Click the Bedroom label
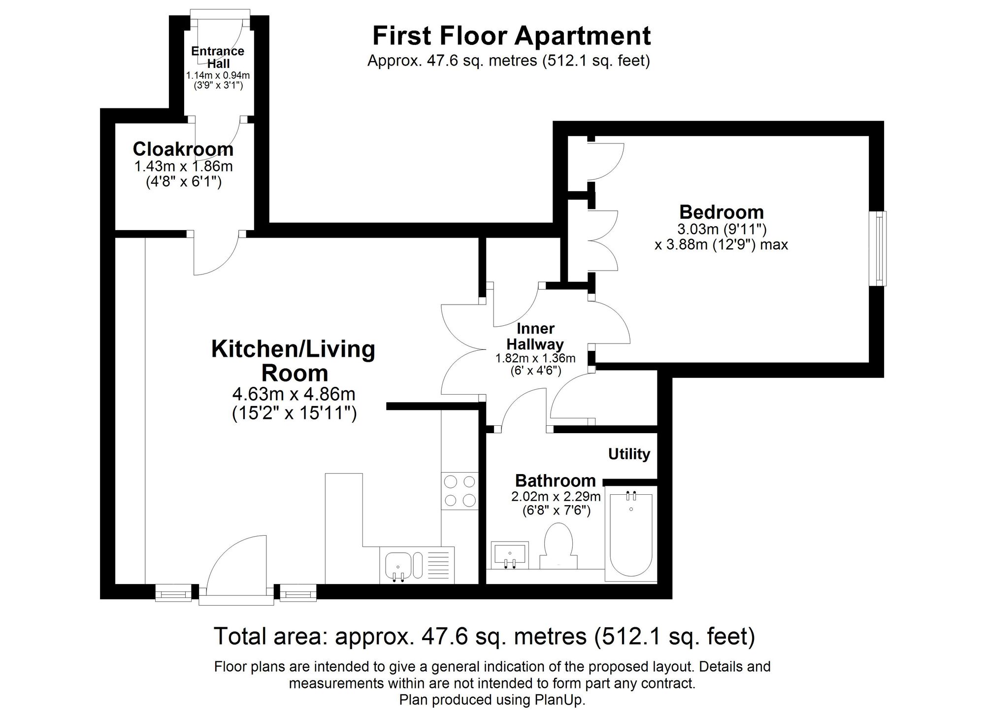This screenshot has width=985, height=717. point(721,212)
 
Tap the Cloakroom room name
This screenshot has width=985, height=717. point(183,149)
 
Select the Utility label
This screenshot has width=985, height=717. point(629,454)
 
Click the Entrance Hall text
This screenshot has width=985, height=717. point(218,57)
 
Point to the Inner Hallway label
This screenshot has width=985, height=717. point(535,336)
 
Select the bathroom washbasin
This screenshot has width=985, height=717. point(510,554)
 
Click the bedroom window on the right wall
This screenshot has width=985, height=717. point(878,248)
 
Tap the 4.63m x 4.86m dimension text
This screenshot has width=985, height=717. point(294,394)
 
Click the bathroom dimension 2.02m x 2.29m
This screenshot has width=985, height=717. point(556,496)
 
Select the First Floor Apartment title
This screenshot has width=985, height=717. point(511,35)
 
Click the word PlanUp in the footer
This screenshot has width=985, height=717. point(559,700)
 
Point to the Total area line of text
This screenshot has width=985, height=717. point(484,636)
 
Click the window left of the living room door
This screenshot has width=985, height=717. point(173,592)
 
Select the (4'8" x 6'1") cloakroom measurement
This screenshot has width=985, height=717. point(184,182)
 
